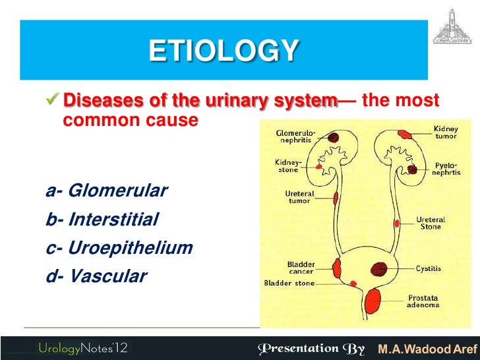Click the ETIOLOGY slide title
click(224, 51)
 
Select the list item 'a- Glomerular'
click(107, 191)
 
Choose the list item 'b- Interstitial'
click(102, 220)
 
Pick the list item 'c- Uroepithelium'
click(119, 248)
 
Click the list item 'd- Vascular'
click(96, 276)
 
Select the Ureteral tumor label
click(299, 197)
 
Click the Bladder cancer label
click(301, 268)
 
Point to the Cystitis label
click(429, 269)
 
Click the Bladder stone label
click(289, 284)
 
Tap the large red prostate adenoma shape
click(373, 301)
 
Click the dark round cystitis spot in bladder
click(378, 269)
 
